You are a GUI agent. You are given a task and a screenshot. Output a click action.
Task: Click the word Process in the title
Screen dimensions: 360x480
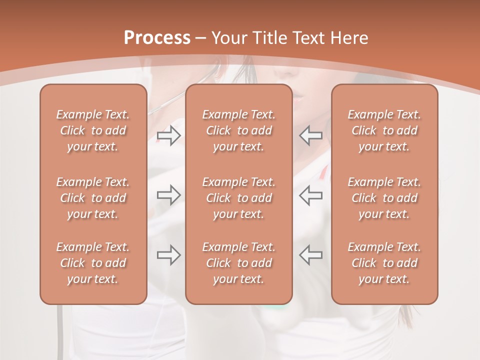[157, 38]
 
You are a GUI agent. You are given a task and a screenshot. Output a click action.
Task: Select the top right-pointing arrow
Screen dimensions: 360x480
[168, 135]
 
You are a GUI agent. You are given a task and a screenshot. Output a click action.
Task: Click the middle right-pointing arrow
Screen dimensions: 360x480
[168, 194]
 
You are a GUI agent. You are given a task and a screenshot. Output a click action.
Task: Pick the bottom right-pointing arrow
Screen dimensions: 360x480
[168, 255]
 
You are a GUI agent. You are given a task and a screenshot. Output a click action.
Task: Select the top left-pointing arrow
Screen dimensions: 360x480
[311, 135]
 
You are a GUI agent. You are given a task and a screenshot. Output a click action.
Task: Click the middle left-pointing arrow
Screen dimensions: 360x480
[311, 194]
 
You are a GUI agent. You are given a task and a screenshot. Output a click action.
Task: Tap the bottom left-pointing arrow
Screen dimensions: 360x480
[311, 255]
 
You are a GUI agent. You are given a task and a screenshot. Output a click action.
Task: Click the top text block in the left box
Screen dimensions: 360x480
[93, 130]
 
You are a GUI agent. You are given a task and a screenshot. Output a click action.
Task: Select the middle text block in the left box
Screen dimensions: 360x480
[93, 198]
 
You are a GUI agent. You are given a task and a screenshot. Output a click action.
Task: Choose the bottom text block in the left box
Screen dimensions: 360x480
[93, 263]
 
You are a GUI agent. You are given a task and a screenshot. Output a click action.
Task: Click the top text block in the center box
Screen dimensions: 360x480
[238, 130]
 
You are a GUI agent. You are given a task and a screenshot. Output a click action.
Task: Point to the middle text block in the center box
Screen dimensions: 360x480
[238, 198]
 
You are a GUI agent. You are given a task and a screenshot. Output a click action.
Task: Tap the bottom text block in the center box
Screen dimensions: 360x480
[238, 263]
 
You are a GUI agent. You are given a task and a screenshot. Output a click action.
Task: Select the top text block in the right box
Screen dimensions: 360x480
[384, 130]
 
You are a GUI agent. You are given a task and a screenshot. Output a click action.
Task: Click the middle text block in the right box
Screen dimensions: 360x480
[384, 198]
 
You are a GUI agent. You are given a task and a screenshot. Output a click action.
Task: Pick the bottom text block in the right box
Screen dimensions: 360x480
[384, 263]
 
